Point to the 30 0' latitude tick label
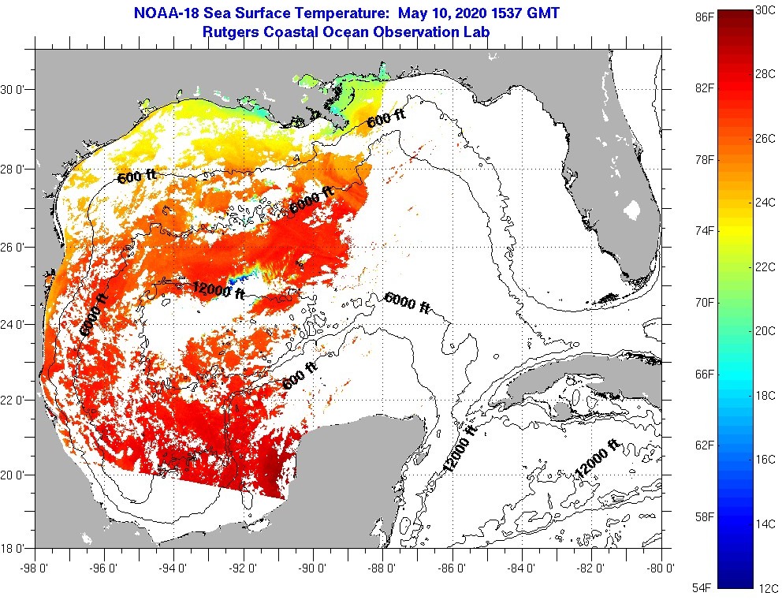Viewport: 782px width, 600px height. pos(16,90)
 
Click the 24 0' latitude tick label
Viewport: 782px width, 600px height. pos(16,324)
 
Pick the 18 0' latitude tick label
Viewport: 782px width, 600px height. pos(16,548)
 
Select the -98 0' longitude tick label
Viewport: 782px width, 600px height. pos(35,565)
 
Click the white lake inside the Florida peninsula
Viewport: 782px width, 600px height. pos(631,211)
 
